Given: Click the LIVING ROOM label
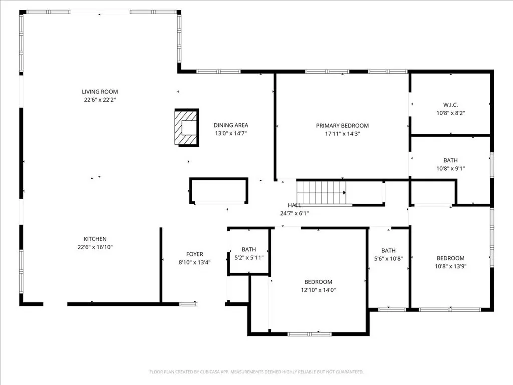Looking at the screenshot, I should [x=100, y=92].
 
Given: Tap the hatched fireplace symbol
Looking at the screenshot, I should [x=186, y=128].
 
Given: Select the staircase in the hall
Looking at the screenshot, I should [x=321, y=192].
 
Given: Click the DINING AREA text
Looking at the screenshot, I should [x=231, y=125].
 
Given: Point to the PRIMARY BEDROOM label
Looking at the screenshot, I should [x=342, y=125].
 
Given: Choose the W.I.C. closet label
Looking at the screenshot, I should [x=450, y=105].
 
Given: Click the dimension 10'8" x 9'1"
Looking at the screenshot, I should [x=450, y=169].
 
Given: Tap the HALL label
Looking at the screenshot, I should [x=294, y=205].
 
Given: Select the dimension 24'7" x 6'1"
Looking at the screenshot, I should [x=294, y=213].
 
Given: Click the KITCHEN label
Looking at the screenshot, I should [x=95, y=239].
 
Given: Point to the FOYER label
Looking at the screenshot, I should [x=195, y=254].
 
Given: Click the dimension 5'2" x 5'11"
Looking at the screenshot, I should [x=249, y=258].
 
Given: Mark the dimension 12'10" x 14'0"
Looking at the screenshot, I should [x=318, y=290].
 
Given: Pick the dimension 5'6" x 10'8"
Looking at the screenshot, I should [x=388, y=259].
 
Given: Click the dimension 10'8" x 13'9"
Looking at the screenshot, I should [x=450, y=266].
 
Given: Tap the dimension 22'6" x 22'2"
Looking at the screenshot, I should [x=100, y=100].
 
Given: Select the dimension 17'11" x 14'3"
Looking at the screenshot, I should [x=342, y=134].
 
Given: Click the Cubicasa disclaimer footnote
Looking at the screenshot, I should [x=256, y=372].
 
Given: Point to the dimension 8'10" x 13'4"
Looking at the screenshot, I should [x=195, y=262].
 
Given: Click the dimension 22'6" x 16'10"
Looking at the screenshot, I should [x=95, y=247].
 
